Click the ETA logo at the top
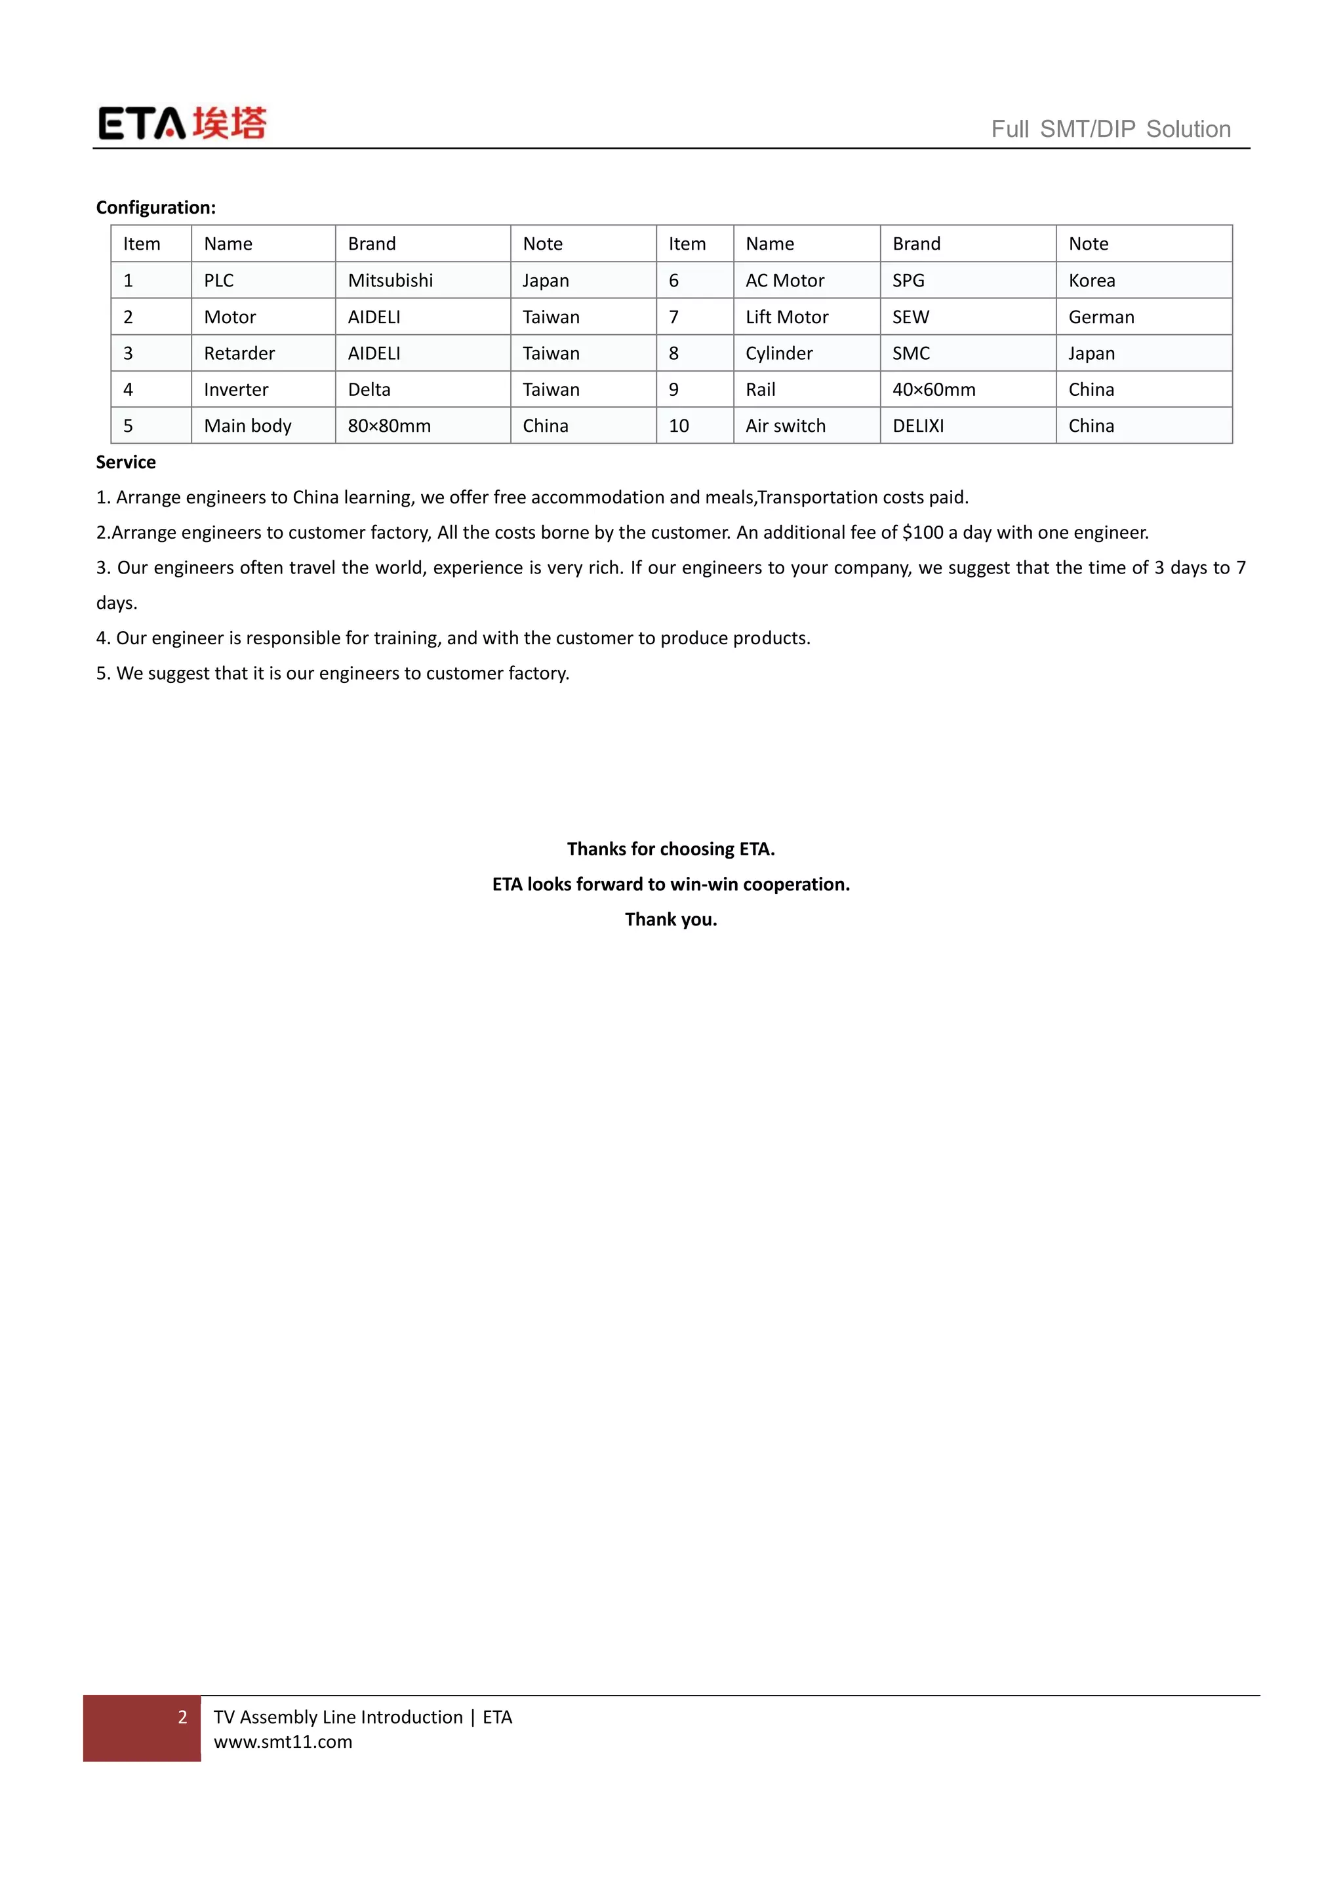point(182,123)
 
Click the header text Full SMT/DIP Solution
point(1111,129)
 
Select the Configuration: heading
point(155,208)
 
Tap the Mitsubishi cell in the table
point(390,281)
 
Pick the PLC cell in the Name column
point(219,281)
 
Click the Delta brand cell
point(369,389)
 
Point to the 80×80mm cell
point(389,426)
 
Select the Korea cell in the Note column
point(1092,281)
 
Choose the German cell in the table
point(1101,317)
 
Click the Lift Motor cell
point(786,317)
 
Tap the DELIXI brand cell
point(918,426)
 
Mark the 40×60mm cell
point(934,389)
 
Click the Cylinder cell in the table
point(779,353)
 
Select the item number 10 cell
point(679,426)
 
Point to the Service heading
point(126,462)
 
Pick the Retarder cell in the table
point(239,353)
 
